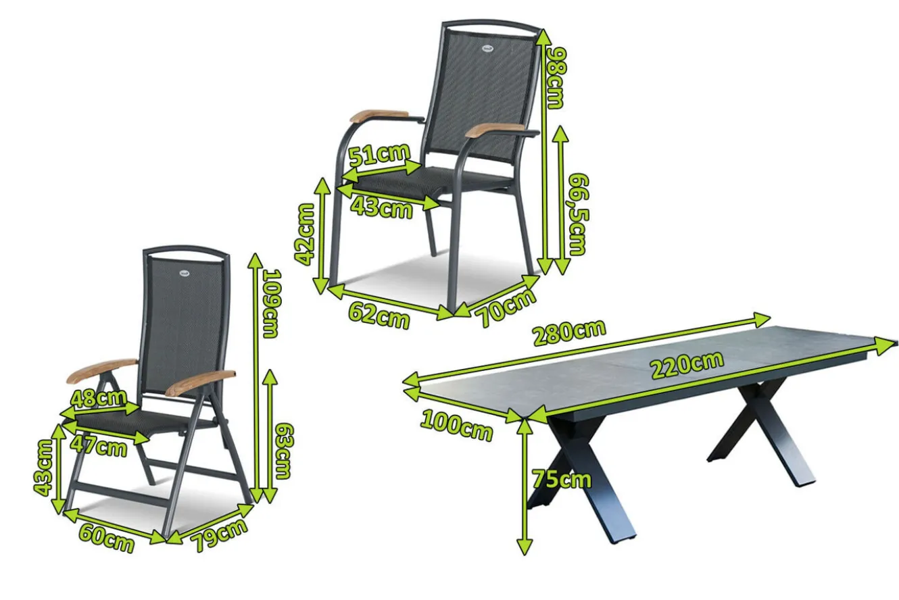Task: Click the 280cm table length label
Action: tap(569, 332)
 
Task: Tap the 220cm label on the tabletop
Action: tap(687, 365)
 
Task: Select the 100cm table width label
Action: tap(456, 426)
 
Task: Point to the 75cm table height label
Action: tap(562, 479)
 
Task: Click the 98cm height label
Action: tap(557, 78)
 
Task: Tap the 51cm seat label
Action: tap(379, 155)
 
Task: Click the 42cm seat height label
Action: tap(305, 234)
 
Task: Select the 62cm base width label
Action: tap(379, 316)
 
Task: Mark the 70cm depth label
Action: tap(506, 307)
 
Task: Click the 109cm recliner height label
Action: tap(272, 303)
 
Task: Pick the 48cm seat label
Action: tap(98, 398)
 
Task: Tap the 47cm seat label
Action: tap(99, 446)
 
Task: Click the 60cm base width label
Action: tap(106, 539)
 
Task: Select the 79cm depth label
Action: tap(220, 534)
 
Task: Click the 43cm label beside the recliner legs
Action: tap(43, 468)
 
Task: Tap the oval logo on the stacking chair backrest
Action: tap(487, 49)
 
